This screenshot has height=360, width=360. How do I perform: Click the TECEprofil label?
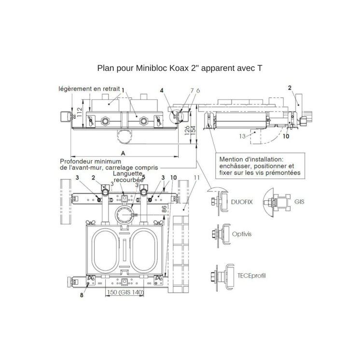coord(251,276)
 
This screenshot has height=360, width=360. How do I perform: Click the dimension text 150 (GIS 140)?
coord(125,292)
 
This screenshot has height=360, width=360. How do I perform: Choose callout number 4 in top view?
coord(162,90)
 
